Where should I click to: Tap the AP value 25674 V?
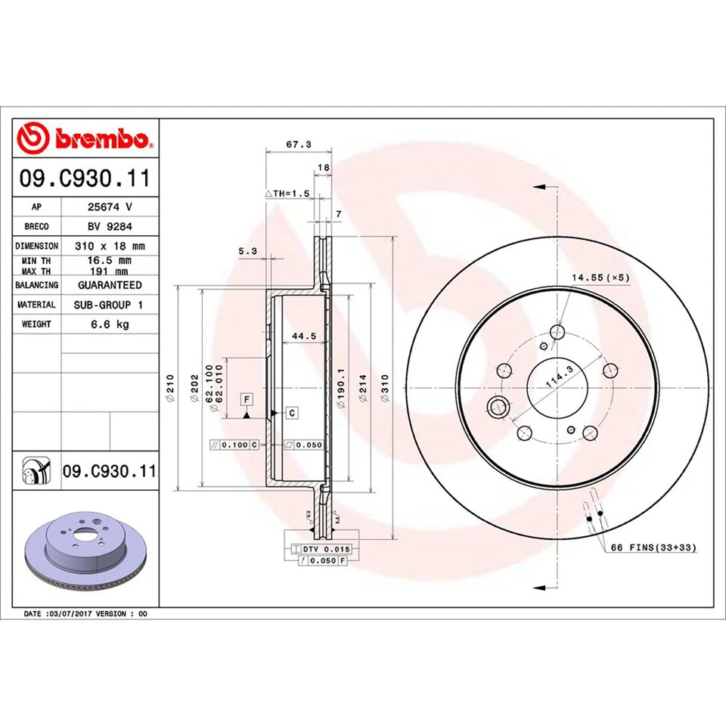click(110, 206)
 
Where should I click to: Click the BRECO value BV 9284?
click(110, 225)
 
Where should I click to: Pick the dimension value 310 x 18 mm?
click(110, 246)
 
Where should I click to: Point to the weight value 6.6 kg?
click(110, 324)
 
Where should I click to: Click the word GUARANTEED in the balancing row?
click(110, 285)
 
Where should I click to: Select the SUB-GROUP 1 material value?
click(110, 305)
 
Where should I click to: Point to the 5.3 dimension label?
click(247, 251)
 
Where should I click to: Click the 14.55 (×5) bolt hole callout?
click(600, 278)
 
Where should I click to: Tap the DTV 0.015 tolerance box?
click(324, 548)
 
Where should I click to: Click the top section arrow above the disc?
click(538, 186)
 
